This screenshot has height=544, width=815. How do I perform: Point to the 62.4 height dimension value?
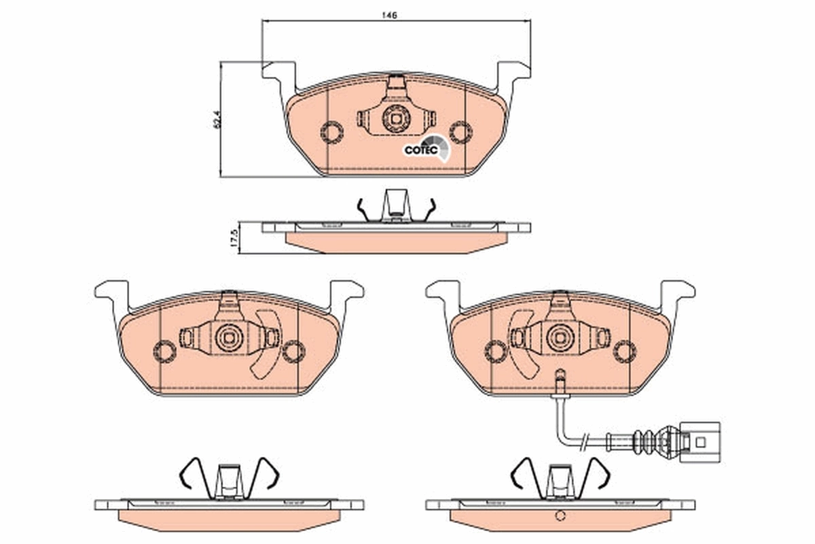coord(217,119)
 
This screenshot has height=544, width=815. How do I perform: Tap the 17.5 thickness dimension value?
coord(234,238)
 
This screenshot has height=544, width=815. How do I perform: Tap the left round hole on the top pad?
coord(331,132)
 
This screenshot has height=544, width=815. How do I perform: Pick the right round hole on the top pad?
coord(460,132)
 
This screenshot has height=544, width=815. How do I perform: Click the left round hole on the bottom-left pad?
coord(165,351)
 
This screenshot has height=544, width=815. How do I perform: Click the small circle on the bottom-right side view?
coord(560,515)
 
